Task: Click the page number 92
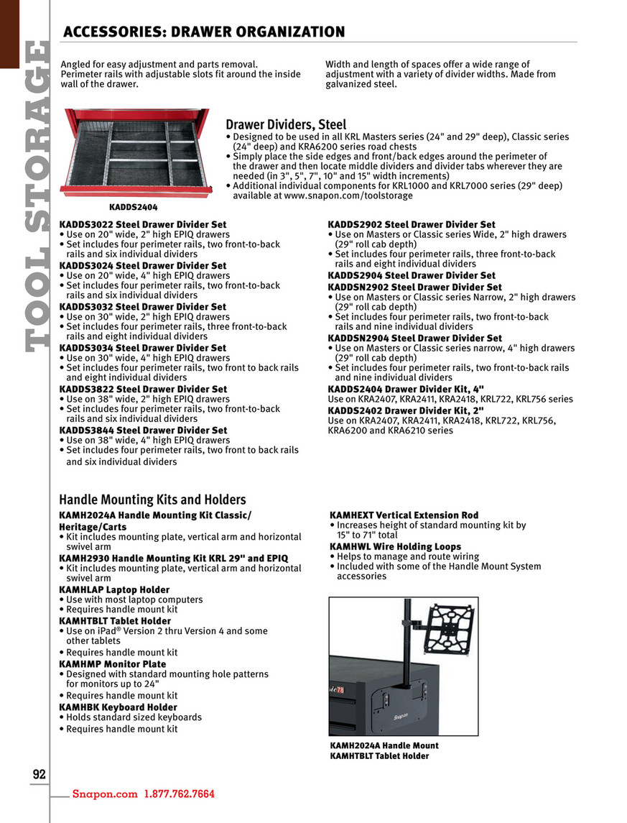click(x=39, y=774)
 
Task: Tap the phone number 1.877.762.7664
click(x=180, y=794)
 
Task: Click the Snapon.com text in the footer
click(x=104, y=794)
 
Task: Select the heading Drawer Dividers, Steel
click(x=286, y=125)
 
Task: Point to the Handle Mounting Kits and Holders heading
click(x=152, y=500)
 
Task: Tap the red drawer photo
click(x=136, y=153)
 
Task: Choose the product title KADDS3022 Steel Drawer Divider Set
click(x=143, y=224)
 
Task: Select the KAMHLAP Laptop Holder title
click(x=114, y=589)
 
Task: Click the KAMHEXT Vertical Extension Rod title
click(x=404, y=515)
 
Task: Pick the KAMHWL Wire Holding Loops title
click(x=395, y=546)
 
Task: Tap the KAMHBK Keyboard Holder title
click(x=118, y=707)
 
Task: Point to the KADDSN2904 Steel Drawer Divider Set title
click(x=415, y=338)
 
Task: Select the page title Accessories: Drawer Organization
click(x=204, y=32)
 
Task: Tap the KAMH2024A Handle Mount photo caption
click(x=384, y=745)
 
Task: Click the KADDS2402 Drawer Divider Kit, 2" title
click(x=401, y=410)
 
